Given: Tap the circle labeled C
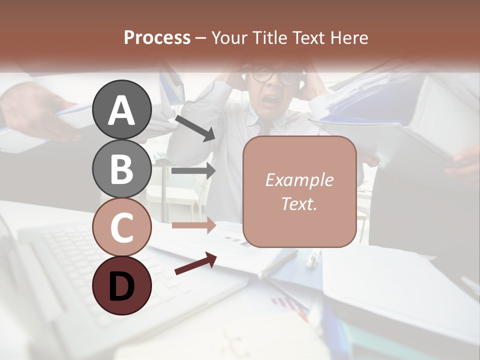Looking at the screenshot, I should [121, 227].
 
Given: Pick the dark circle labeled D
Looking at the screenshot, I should [121, 285].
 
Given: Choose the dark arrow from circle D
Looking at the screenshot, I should [195, 264].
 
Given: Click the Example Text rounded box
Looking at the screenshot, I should [299, 191].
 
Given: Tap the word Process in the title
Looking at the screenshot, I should [157, 37].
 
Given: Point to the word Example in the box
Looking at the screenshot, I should [299, 180].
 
